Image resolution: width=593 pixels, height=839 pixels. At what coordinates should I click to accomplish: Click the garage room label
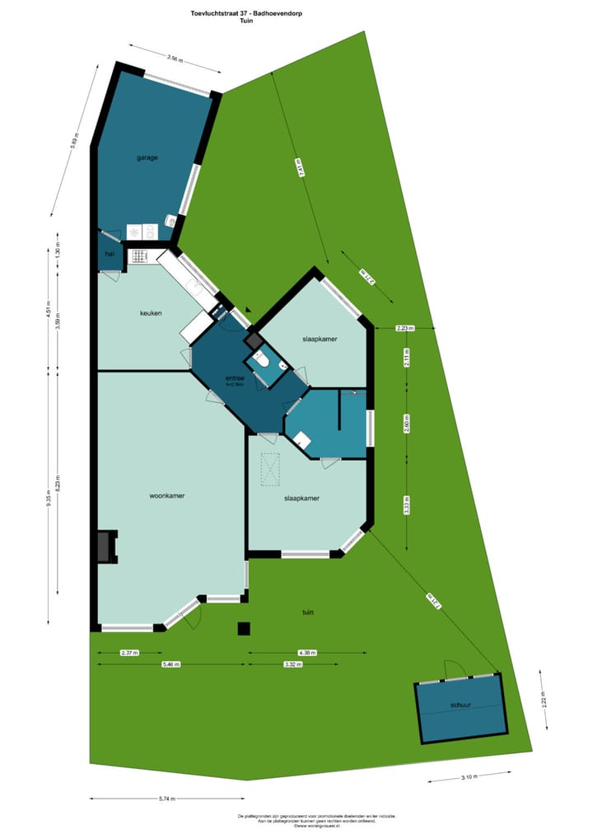(147, 157)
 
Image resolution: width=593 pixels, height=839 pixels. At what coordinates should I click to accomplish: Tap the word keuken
(150, 313)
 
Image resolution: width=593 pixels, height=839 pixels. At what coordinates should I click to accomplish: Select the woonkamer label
(166, 496)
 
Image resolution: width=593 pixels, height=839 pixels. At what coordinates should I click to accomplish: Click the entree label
(236, 378)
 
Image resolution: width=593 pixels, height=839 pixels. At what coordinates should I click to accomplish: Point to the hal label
(109, 255)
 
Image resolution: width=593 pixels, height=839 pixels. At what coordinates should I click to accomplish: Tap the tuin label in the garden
(309, 612)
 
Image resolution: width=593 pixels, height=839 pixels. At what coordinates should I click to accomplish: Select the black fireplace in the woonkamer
(105, 546)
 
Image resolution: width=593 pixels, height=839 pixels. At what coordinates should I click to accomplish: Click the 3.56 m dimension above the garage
(173, 59)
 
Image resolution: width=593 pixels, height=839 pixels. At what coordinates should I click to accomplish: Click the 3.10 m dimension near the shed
(470, 776)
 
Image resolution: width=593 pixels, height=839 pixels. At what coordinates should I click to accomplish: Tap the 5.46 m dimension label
(171, 663)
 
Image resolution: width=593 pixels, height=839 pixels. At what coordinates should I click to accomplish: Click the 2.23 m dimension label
(404, 328)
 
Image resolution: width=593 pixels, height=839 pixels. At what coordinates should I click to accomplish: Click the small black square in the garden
(243, 629)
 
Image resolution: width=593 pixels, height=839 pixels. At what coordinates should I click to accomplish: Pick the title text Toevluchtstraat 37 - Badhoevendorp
(245, 12)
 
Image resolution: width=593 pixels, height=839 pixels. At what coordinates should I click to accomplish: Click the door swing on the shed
(454, 669)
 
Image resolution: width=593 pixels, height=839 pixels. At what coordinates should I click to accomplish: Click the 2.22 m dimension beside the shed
(543, 700)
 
